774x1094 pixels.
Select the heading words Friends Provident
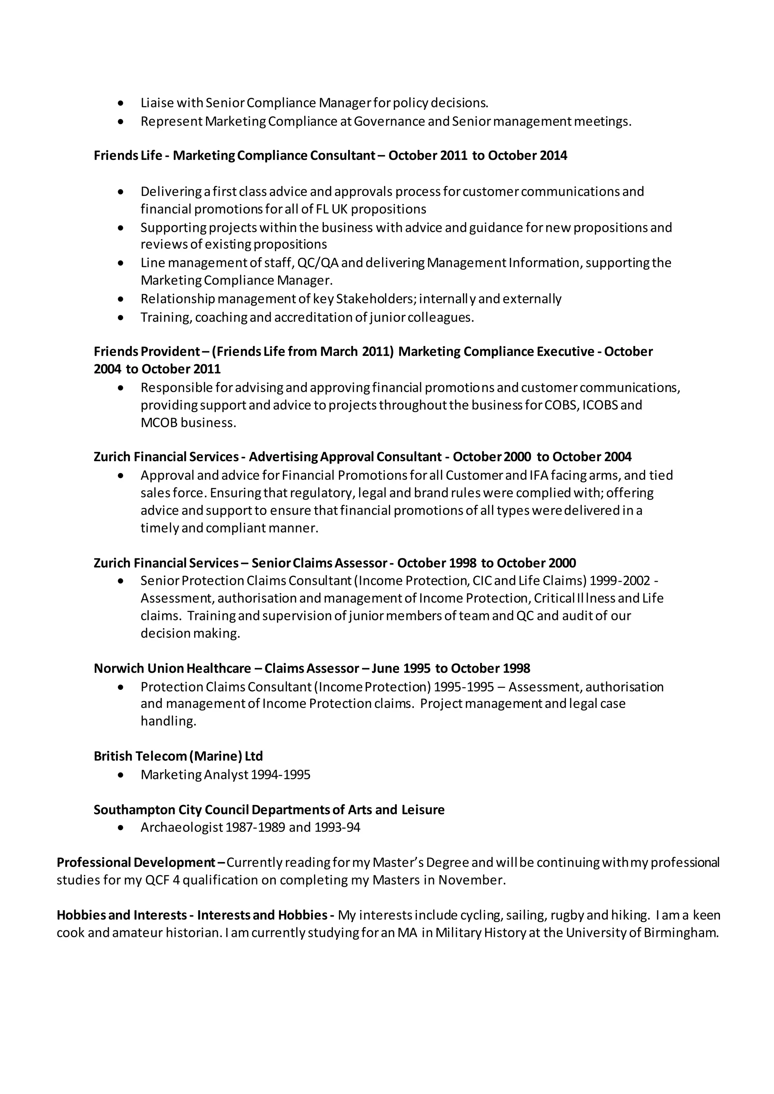[147, 352]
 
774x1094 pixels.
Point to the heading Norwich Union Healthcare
[172, 669]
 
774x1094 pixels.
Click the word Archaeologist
[181, 827]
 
